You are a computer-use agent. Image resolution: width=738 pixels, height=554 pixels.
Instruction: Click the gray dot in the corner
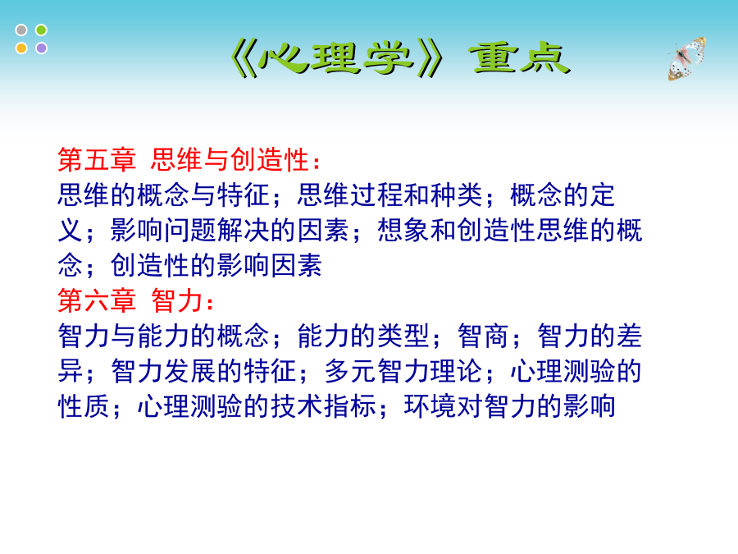pos(21,30)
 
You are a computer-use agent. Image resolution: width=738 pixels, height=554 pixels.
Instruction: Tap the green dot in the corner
pos(42,30)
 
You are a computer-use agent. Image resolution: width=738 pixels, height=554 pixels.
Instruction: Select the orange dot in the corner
pos(21,48)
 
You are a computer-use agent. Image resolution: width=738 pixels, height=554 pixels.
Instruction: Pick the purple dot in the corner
pos(42,48)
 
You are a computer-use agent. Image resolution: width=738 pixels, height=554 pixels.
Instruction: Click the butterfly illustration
pos(686,58)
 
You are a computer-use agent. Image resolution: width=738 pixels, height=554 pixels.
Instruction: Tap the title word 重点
pos(520,59)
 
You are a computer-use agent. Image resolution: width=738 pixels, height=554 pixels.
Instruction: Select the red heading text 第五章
pos(97,159)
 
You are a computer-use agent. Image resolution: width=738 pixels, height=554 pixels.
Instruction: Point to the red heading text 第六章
pos(97,300)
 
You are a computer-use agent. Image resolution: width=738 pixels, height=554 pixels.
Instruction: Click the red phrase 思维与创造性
pos(230,159)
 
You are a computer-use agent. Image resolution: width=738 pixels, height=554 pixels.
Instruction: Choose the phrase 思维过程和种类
pos(390,195)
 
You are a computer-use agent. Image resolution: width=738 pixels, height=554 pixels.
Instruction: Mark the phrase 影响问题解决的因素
pos(230,230)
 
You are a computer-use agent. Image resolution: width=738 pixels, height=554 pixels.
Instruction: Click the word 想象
pos(403,230)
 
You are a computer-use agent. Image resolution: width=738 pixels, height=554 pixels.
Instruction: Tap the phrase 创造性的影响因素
pos(216,265)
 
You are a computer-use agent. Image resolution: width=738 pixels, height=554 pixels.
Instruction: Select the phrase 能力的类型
pos(363,336)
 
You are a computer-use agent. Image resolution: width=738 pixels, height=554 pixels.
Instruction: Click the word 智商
pos(483,336)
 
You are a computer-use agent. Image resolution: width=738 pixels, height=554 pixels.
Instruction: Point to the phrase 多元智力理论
pos(403,371)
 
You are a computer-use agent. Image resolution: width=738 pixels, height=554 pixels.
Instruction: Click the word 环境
pos(430,406)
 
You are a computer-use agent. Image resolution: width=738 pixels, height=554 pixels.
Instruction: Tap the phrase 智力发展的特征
pos(203,371)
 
